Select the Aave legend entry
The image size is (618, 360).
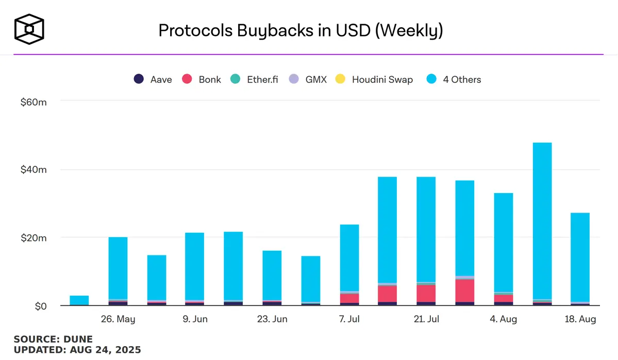[x=153, y=79]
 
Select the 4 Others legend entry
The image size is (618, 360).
[x=454, y=79]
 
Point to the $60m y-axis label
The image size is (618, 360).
[x=34, y=102]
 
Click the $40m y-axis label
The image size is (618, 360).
[x=34, y=170]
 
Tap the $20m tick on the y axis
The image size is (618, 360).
[x=34, y=238]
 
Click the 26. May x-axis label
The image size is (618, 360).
[x=118, y=319]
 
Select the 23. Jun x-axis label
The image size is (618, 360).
[x=272, y=319]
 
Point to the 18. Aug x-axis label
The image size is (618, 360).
[x=580, y=319]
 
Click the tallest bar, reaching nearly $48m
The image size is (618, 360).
[x=542, y=221]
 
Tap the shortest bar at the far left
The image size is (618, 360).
[x=79, y=300]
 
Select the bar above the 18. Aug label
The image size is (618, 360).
[x=580, y=258]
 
